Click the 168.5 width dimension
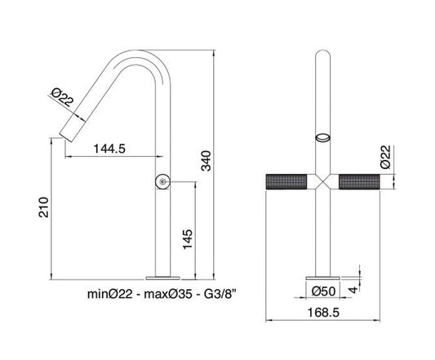330,313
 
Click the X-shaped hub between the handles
324,183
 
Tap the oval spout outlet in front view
324,137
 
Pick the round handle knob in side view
163,182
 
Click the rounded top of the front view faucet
324,59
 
